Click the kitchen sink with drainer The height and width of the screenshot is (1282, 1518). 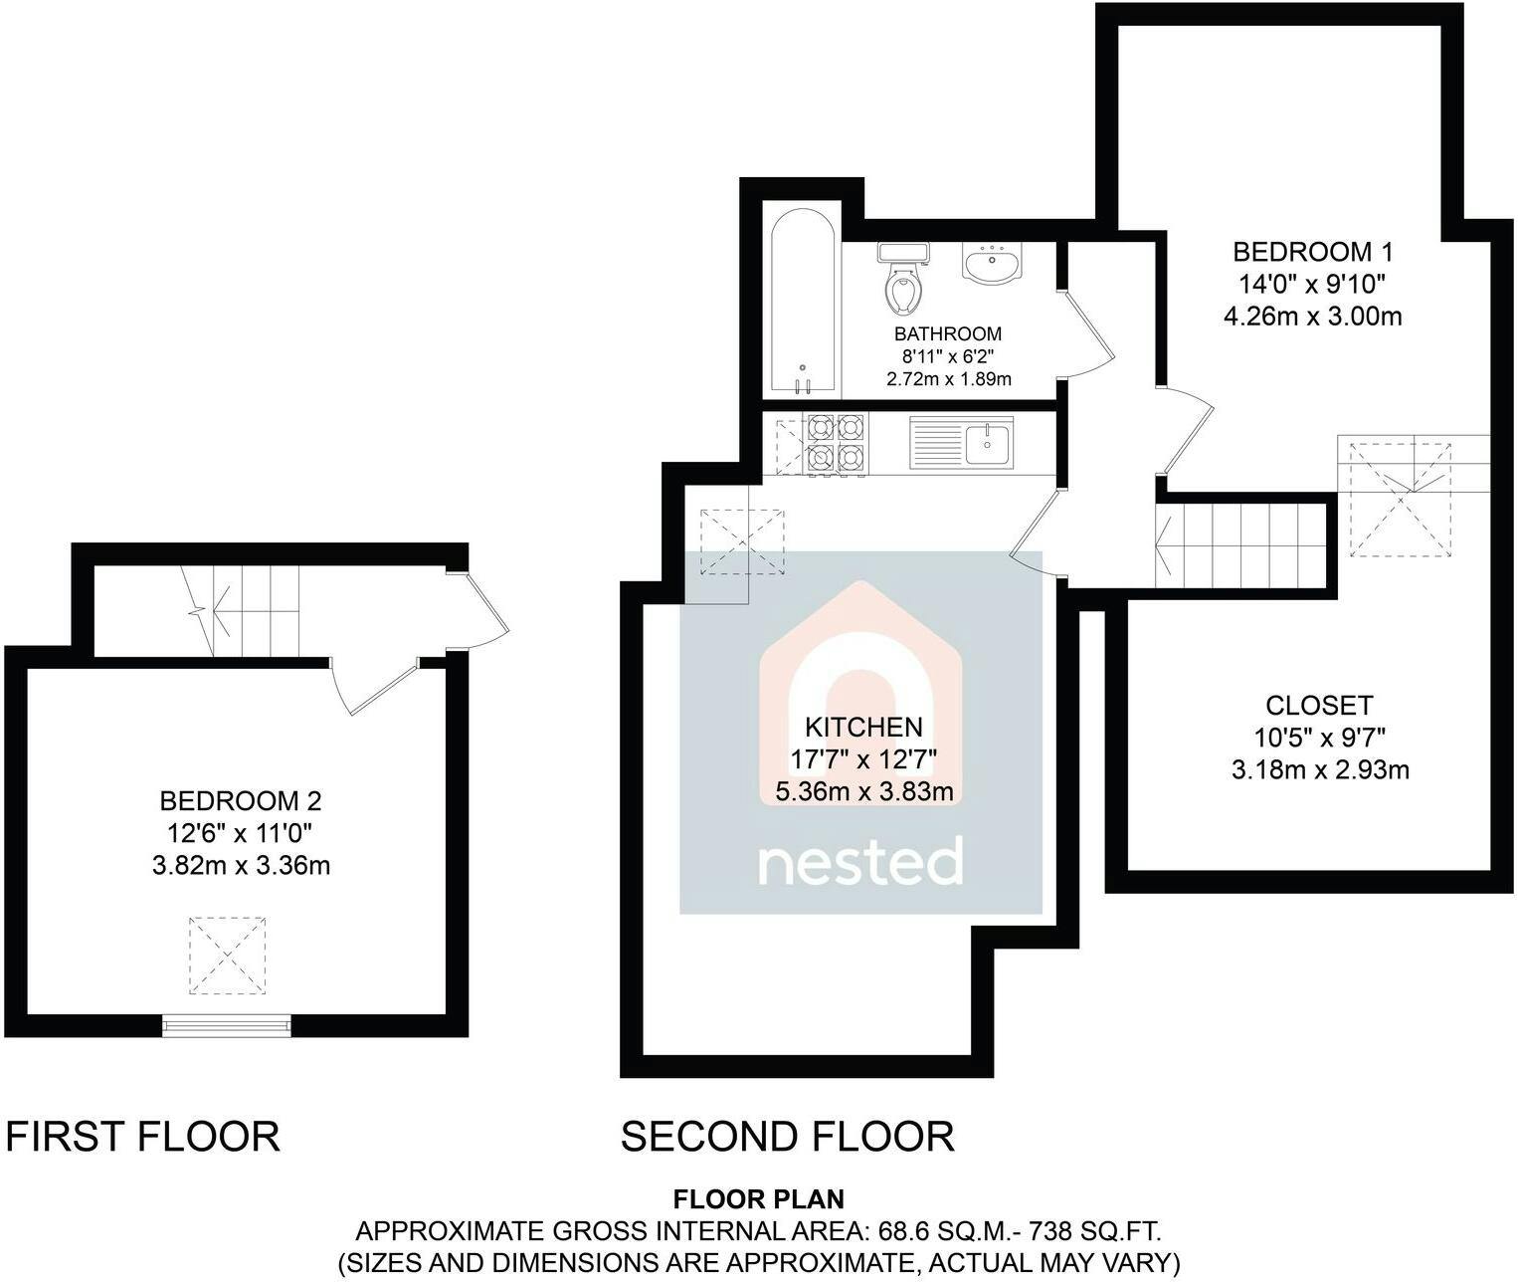tap(961, 443)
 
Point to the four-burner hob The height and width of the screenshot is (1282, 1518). tap(836, 445)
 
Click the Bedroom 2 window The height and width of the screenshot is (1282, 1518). tap(226, 1026)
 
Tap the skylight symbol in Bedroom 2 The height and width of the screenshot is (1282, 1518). tap(227, 956)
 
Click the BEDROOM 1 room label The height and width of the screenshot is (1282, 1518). tap(1312, 253)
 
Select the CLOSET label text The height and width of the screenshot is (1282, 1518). tap(1319, 705)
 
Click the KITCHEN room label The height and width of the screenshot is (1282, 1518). tap(863, 727)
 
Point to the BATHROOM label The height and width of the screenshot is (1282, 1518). tap(947, 334)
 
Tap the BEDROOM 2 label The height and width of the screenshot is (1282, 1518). tap(240, 801)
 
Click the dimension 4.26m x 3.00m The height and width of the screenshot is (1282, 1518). tap(1312, 317)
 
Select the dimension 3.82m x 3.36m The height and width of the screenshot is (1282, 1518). tap(241, 865)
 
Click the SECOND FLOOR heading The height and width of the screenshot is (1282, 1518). tap(788, 1136)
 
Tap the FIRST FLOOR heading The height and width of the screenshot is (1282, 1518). tap(142, 1136)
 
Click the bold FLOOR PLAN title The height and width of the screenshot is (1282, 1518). tap(758, 1198)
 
